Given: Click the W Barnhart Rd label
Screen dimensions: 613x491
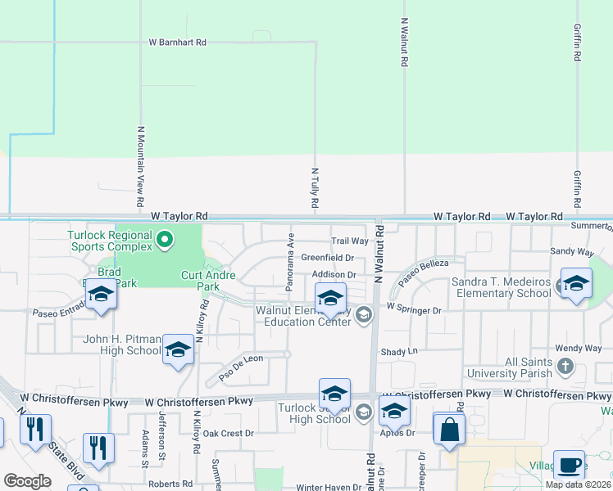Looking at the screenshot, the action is tap(177, 42).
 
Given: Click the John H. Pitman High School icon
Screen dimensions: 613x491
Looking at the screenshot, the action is tap(178, 350).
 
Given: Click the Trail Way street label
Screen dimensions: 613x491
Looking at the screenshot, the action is tap(350, 241).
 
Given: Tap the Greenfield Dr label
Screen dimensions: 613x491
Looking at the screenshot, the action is tap(327, 257).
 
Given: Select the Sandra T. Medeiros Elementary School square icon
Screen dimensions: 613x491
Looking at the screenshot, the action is tap(576, 283).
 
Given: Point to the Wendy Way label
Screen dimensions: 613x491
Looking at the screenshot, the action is tap(578, 348).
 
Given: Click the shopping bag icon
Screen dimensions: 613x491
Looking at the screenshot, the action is tap(449, 429).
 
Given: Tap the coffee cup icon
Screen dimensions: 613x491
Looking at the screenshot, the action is tap(569, 465).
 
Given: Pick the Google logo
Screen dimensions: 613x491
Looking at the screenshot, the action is tap(27, 481).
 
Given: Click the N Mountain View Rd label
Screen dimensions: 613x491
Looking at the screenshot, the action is tap(140, 166).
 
